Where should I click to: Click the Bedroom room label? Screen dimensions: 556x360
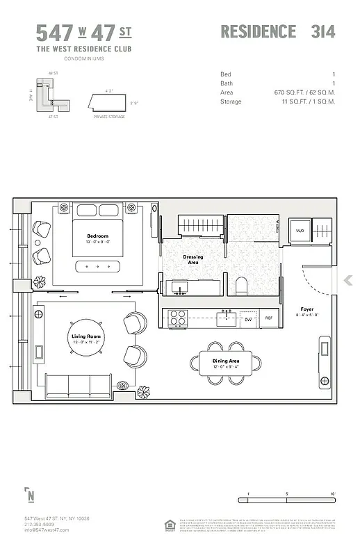[97, 236]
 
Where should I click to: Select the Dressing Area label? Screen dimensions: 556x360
[193, 257]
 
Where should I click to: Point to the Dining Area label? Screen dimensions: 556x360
[226, 361]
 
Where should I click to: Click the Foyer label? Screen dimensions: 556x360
[306, 309]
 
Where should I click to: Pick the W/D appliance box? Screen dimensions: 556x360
[300, 231]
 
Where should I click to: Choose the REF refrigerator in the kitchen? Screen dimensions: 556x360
[269, 318]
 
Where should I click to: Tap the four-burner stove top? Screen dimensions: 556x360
[177, 318]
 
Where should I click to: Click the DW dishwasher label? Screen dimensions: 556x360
[247, 319]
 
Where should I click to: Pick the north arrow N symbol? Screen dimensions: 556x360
[30, 496]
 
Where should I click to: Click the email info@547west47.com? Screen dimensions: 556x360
[47, 530]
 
